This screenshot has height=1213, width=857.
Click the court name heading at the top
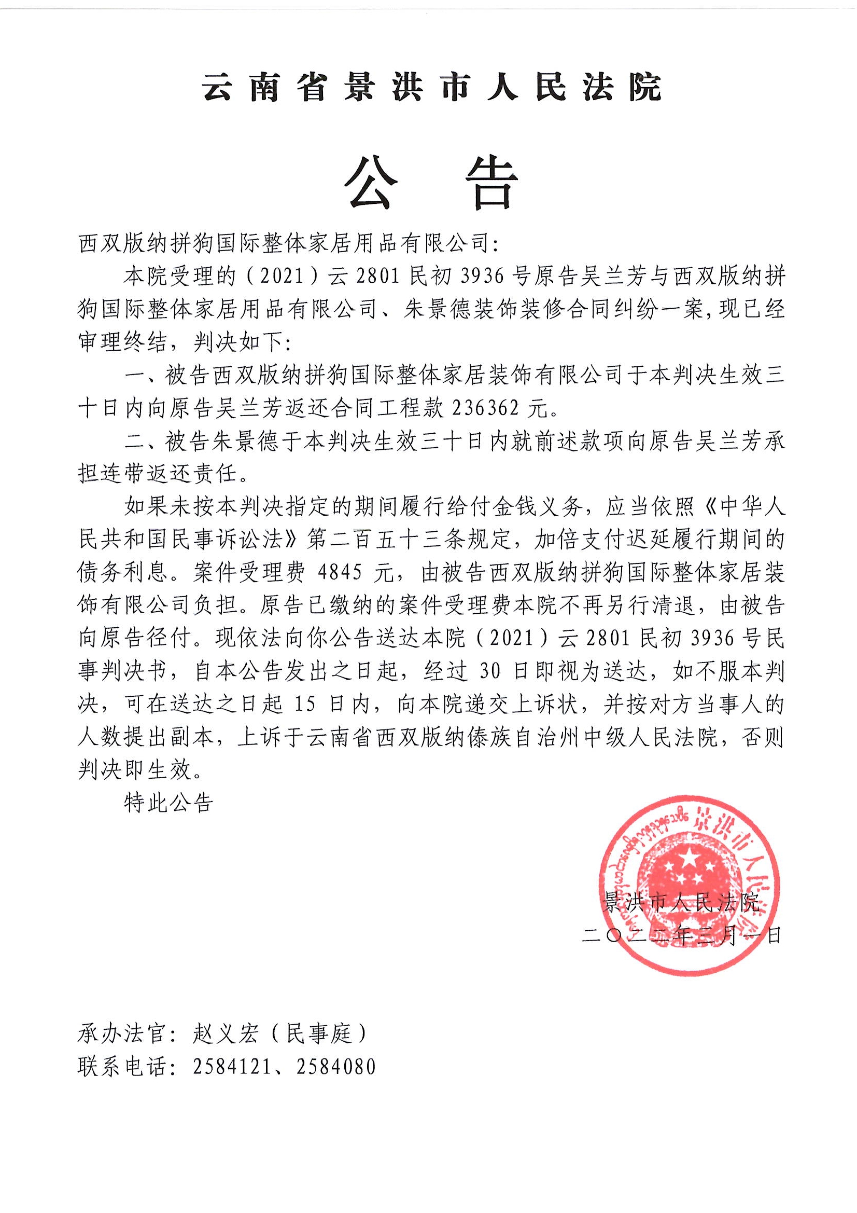[x=432, y=87]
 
